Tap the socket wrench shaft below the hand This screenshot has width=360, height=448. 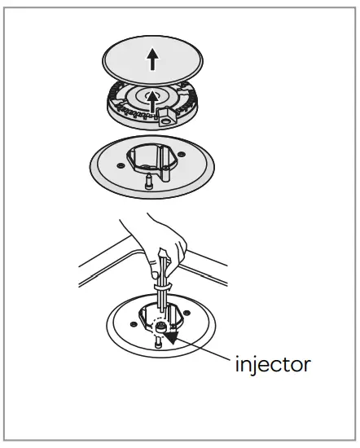(163, 301)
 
